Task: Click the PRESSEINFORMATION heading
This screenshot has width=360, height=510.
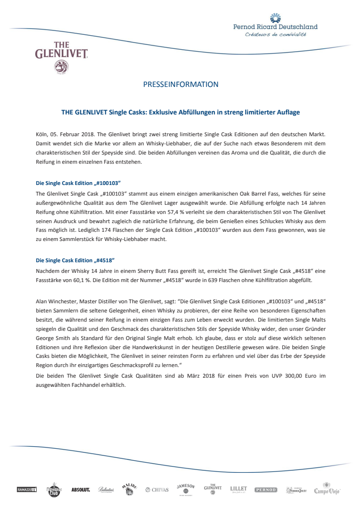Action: pyautogui.click(x=180, y=85)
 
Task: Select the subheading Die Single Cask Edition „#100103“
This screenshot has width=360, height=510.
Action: pyautogui.click(x=78, y=184)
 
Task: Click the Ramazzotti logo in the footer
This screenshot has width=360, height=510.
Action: pyautogui.click(x=27, y=490)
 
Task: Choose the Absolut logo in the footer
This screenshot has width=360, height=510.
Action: pyautogui.click(x=81, y=490)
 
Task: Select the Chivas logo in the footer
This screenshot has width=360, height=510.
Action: pyautogui.click(x=157, y=490)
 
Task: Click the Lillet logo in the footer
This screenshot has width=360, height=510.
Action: pyautogui.click(x=238, y=489)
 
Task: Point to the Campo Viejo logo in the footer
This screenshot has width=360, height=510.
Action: pyautogui.click(x=327, y=489)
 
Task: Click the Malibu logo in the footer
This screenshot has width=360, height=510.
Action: pyautogui.click(x=129, y=489)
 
